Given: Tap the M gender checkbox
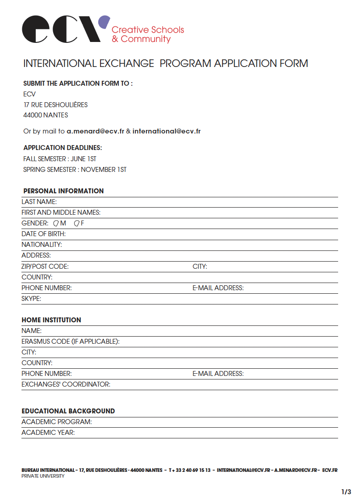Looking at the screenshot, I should pos(56,223).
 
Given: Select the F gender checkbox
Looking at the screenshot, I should pos(76,223).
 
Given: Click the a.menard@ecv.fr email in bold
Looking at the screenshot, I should pos(96,131).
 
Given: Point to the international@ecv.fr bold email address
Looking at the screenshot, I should pos(167,131).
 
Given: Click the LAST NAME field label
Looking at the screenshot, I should pos(39,202).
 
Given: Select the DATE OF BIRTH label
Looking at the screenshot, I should pos(43,234).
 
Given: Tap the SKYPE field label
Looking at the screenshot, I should pos(31,299).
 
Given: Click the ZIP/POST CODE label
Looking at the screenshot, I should pos(45,267).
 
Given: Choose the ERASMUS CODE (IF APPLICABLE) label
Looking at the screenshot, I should pos(71,342).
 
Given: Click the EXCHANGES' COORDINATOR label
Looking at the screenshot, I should pos(66,384).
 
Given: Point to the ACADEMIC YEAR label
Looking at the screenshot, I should pos(48,433).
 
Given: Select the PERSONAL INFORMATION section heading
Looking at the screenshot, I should pos(63,191).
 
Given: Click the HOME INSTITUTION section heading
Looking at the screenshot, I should pos(51,320).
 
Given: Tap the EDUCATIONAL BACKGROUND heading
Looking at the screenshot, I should pos(68,411).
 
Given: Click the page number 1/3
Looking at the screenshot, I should pos(346,492).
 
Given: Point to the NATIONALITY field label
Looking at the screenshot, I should pos(42,245).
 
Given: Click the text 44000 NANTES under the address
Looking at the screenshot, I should pos(46,115).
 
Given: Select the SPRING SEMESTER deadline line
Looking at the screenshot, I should pos(75,170).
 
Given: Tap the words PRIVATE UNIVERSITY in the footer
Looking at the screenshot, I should pos(43,476).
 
